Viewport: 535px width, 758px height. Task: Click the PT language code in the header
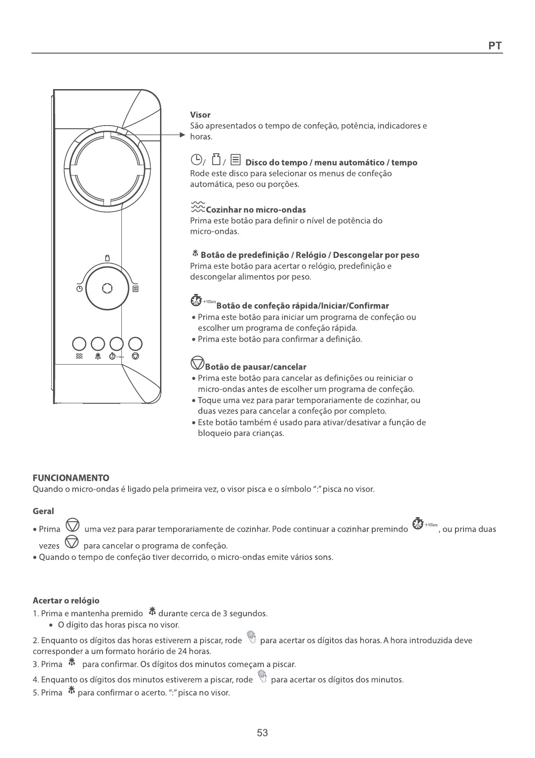495,45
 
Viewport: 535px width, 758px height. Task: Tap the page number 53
263,733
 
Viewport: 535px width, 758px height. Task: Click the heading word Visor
200,115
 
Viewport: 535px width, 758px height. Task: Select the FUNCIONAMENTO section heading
71,478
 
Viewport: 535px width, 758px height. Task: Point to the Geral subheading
43,511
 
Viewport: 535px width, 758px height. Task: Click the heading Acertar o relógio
66,600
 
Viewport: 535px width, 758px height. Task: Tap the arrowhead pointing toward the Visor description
183,135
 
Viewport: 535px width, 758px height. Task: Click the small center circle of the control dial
107,288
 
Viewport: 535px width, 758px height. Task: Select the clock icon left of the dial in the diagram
79,289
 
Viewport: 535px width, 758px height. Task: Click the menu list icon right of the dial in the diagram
135,289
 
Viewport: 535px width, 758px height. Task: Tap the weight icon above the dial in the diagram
107,258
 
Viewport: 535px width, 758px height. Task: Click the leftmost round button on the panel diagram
79,344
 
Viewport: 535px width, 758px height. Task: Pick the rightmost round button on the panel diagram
135,344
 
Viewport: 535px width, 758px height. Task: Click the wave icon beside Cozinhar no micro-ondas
197,207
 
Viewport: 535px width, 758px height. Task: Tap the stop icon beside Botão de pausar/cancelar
197,363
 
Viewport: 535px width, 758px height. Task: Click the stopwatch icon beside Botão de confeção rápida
196,301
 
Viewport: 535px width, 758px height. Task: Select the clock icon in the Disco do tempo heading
196,159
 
